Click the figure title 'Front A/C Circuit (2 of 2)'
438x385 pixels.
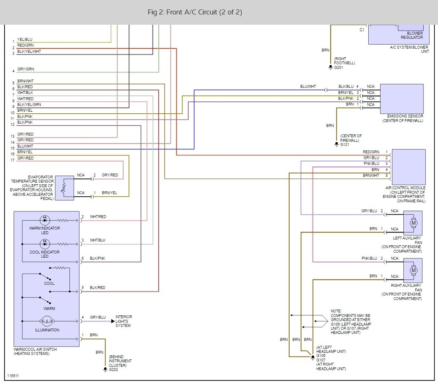tap(204, 12)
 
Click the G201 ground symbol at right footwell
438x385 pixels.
tap(330, 67)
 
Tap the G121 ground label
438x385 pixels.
tap(345, 145)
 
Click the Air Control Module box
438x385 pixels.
tap(408, 167)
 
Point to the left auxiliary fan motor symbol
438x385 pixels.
tap(414, 223)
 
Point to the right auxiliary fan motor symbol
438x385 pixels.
tap(414, 270)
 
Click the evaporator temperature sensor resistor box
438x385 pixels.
tap(64, 188)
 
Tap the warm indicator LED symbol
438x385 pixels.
tap(45, 220)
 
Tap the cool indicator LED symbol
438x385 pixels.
tap(45, 244)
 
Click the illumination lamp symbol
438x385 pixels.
tap(47, 321)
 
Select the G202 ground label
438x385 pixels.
tap(113, 370)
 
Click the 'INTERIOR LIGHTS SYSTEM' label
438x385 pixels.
tap(124, 321)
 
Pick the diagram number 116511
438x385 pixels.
tap(13, 376)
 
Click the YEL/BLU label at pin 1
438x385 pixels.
tap(25, 39)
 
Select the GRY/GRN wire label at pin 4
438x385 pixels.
tap(26, 69)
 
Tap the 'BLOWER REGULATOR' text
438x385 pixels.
tap(412, 35)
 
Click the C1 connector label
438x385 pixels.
tap(362, 29)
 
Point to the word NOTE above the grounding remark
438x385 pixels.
tap(336, 311)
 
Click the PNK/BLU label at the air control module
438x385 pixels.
tap(371, 164)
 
